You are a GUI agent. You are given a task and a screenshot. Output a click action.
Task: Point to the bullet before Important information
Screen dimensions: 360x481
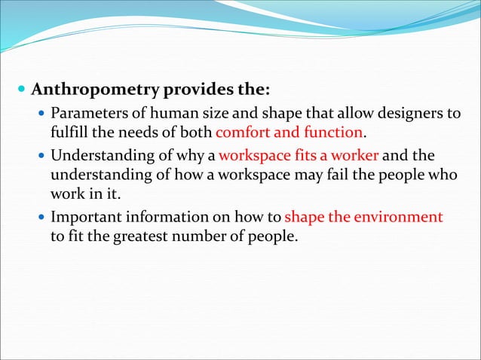(41, 218)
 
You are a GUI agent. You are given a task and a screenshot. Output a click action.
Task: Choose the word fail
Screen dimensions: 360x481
(331, 175)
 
